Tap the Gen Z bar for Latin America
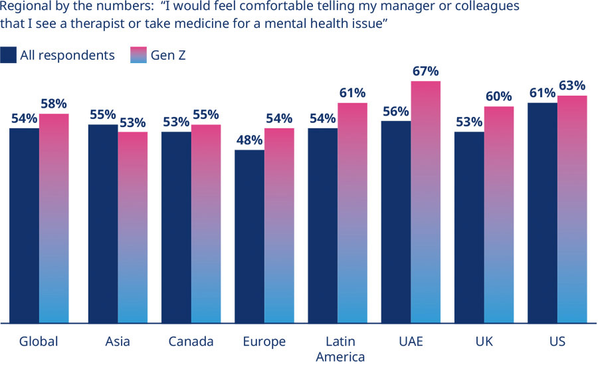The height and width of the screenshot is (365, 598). tap(352, 213)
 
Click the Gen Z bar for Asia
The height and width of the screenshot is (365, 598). tap(133, 227)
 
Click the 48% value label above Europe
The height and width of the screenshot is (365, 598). tap(249, 140)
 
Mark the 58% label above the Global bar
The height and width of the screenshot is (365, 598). tap(54, 104)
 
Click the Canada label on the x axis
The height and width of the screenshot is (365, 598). tap(191, 342)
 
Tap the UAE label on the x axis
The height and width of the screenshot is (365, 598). tap(412, 342)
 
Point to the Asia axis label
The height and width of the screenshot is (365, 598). tap(118, 342)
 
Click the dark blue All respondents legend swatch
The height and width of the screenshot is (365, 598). tap(9, 55)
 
